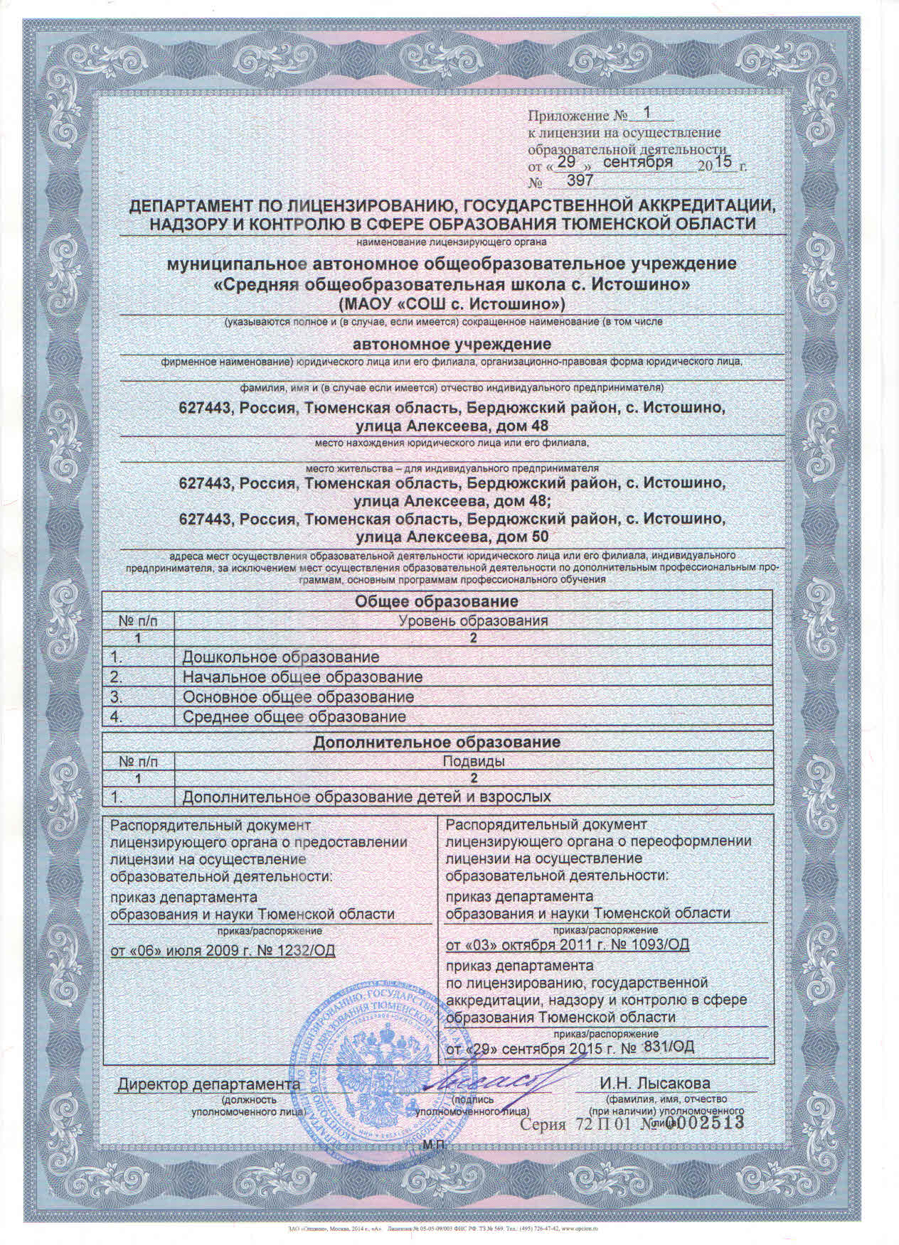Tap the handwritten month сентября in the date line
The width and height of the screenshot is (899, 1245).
[x=638, y=163]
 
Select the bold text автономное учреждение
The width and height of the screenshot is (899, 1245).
[x=453, y=345]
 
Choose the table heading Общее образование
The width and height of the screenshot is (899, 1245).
[x=436, y=601]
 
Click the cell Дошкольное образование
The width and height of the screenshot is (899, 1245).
[x=281, y=657]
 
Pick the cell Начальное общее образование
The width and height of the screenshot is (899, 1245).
[x=302, y=677]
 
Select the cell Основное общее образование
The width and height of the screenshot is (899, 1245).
[x=299, y=696]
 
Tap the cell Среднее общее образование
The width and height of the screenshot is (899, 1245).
[x=294, y=716]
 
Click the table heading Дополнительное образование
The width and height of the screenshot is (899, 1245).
[x=437, y=742]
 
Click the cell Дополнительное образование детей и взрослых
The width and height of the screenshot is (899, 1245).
[x=367, y=797]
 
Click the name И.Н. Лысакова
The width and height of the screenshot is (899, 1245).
[x=654, y=1084]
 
